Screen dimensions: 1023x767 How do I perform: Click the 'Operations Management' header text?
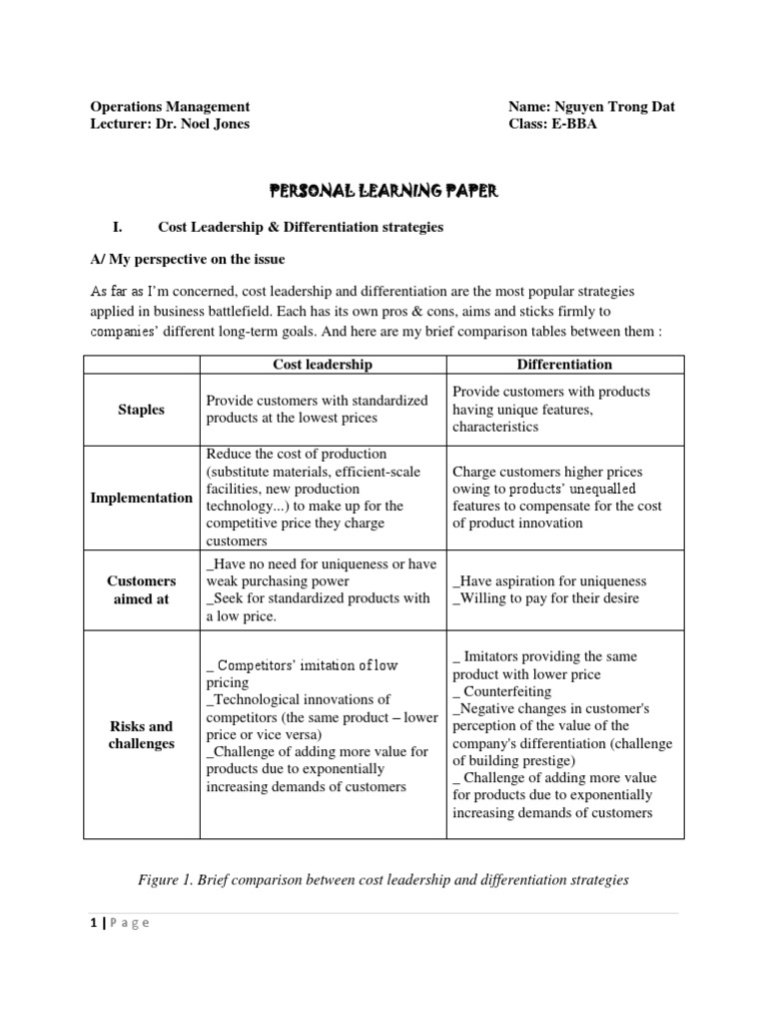click(x=170, y=107)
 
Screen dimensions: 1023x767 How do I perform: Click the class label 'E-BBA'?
click(x=573, y=124)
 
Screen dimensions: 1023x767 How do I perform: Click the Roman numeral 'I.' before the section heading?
click(x=116, y=228)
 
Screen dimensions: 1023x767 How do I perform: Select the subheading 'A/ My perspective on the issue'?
click(x=187, y=260)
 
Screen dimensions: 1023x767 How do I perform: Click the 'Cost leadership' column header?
click(x=323, y=365)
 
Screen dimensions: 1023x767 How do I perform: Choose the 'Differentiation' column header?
click(x=565, y=365)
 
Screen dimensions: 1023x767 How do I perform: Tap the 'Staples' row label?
click(x=141, y=410)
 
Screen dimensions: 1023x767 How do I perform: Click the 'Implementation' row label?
click(x=142, y=498)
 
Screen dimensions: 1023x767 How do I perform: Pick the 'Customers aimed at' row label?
click(x=141, y=588)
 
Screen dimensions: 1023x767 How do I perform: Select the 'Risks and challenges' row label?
click(x=141, y=734)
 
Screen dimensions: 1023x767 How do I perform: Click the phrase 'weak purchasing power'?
click(x=278, y=581)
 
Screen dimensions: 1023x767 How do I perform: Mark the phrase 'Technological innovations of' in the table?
click(x=299, y=699)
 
